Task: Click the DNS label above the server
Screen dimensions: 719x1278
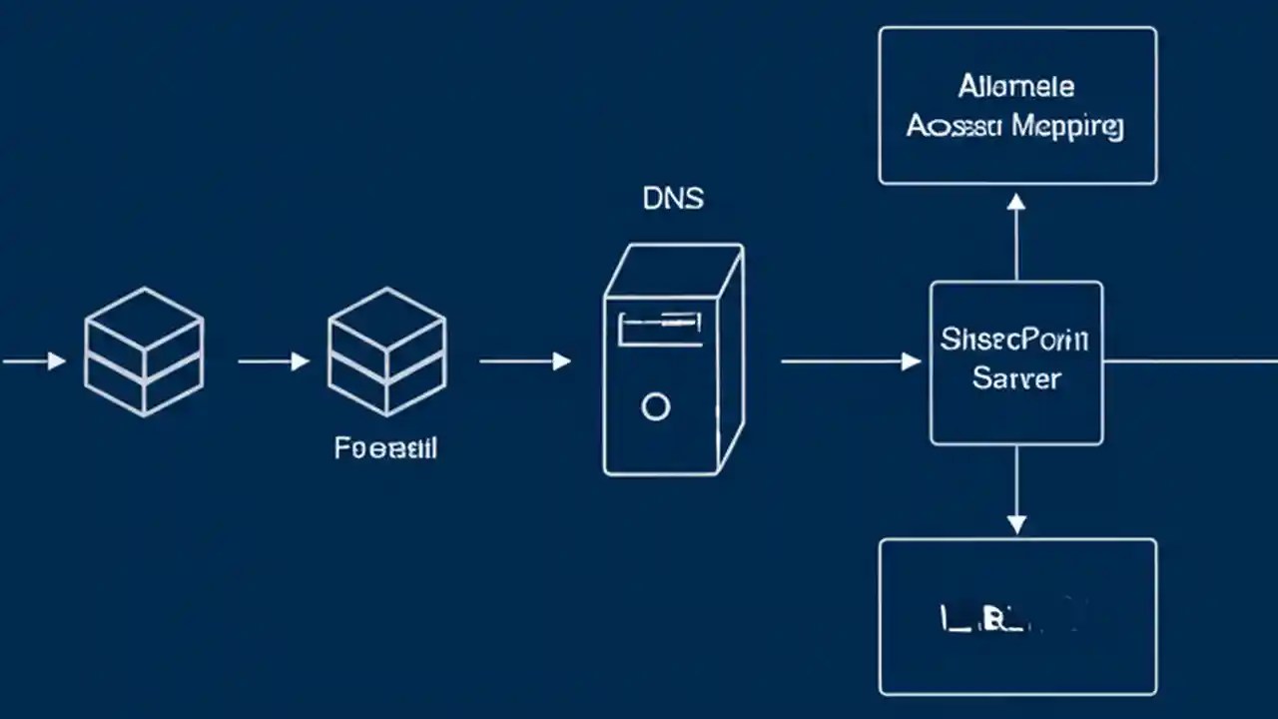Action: [x=673, y=199]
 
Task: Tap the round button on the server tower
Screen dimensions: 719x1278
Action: [x=655, y=406]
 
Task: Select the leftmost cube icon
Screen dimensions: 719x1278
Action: [x=144, y=352]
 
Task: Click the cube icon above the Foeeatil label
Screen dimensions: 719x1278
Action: [x=387, y=352]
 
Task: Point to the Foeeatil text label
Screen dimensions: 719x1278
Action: [x=385, y=448]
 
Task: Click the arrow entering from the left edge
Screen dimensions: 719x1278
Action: [x=34, y=360]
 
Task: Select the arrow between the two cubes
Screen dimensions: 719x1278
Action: [x=274, y=360]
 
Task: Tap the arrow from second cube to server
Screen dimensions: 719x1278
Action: [x=525, y=360]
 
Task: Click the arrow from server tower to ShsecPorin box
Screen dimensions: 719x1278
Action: [x=850, y=360]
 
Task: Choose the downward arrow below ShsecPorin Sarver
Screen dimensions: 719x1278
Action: [x=1015, y=489]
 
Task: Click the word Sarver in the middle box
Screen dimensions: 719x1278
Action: [x=1016, y=379]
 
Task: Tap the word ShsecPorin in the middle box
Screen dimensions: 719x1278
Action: [x=1014, y=340]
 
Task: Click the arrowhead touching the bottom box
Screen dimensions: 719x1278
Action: [x=1015, y=523]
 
